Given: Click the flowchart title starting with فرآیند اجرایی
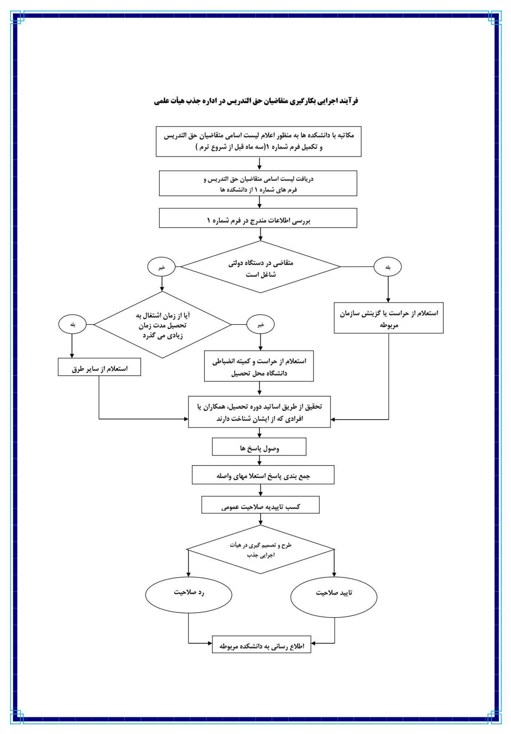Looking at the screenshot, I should [256, 101].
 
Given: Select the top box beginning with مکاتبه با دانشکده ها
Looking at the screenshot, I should [258, 142].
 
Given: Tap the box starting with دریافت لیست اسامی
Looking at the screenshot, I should [258, 184].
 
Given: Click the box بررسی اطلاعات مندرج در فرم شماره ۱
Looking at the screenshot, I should [258, 218].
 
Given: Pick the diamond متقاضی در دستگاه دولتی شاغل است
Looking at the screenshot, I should [261, 267].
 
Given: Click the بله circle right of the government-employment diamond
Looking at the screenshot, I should [388, 267].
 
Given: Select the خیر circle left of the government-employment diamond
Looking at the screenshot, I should [162, 267].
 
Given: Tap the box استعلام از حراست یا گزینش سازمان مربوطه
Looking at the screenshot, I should [389, 318].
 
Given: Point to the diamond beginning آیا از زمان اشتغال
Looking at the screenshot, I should [162, 325].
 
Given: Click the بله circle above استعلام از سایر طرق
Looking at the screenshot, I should [73, 324].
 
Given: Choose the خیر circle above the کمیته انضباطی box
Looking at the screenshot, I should [261, 325].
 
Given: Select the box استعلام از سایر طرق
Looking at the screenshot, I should [99, 367].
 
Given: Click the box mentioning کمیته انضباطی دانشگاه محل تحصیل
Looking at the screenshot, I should [259, 366].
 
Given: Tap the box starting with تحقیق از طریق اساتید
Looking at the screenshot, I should [259, 412].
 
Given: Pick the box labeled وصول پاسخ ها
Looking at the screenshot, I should [259, 447].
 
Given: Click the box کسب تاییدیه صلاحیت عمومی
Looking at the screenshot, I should [261, 505].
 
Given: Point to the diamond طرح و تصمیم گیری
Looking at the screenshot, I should [261, 549].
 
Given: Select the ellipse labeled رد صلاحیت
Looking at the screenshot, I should [189, 595].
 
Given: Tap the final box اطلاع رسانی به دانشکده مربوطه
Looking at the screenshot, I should [262, 644].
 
